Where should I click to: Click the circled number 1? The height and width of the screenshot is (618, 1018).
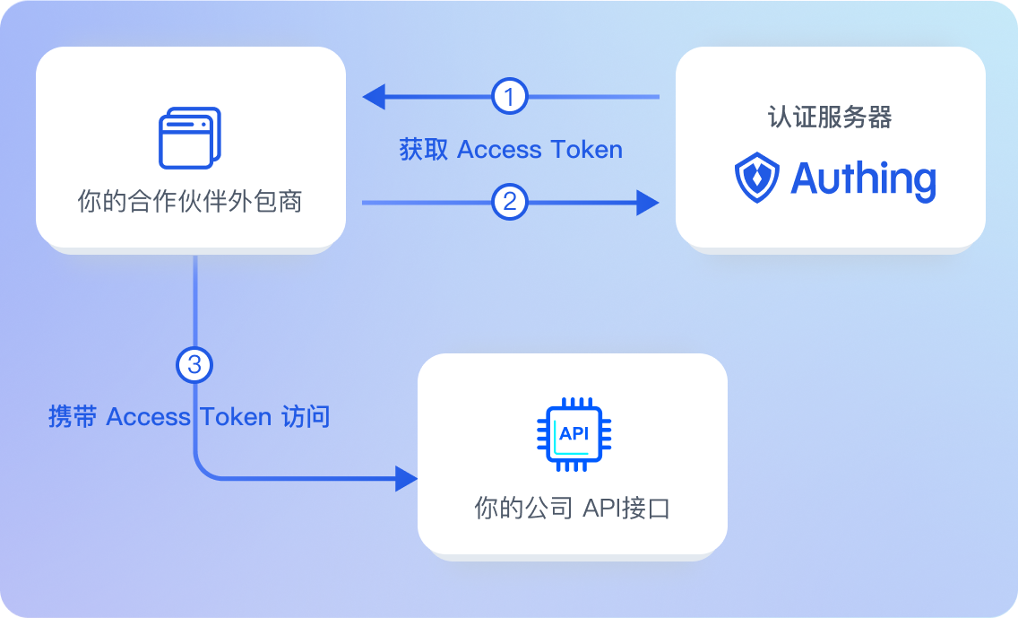click(x=510, y=96)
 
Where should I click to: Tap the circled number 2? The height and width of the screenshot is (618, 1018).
click(x=510, y=202)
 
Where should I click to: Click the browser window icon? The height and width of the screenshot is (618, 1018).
click(x=189, y=138)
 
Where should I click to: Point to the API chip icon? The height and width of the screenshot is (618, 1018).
click(x=574, y=434)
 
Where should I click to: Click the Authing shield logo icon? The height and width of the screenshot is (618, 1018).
click(x=757, y=178)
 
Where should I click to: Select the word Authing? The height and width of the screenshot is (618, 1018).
click(x=863, y=179)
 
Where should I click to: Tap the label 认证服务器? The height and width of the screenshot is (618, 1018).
click(x=830, y=118)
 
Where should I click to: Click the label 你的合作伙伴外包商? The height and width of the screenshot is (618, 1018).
click(x=190, y=202)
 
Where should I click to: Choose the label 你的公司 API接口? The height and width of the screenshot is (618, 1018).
click(x=573, y=509)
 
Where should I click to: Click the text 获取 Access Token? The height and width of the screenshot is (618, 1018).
click(x=511, y=149)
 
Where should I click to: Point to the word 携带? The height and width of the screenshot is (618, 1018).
click(x=72, y=417)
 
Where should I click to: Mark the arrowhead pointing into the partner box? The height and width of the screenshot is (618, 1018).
click(x=373, y=96)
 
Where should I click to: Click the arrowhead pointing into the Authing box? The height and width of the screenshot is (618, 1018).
click(x=648, y=202)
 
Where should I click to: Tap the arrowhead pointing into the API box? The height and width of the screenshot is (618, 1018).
click(x=407, y=478)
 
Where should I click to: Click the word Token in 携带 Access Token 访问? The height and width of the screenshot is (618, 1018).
click(x=236, y=417)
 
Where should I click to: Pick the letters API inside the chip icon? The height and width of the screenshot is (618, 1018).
click(x=574, y=433)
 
